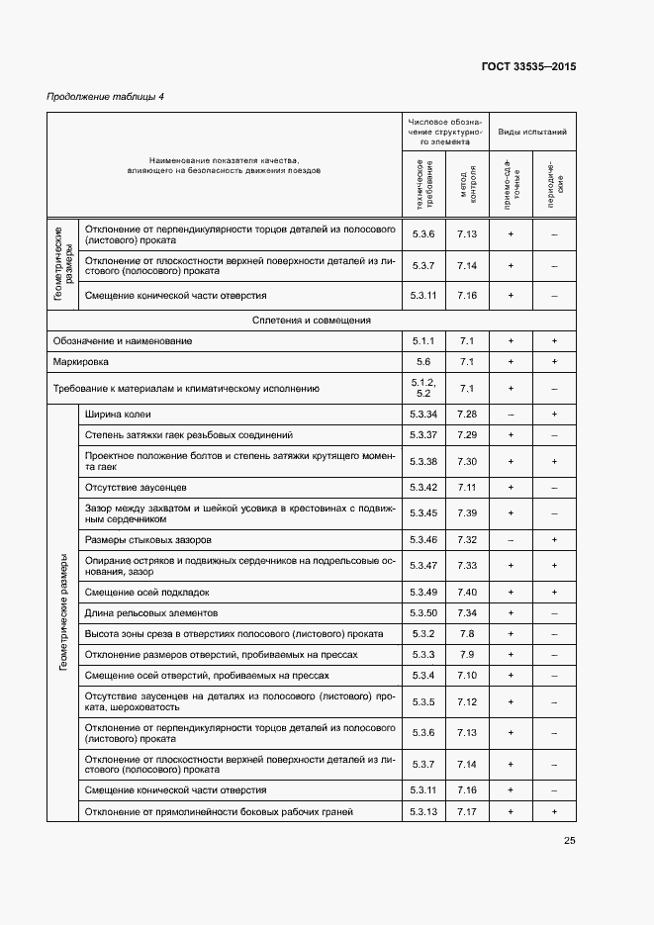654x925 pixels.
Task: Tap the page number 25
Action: (x=570, y=842)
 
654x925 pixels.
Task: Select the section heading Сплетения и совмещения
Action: (x=312, y=320)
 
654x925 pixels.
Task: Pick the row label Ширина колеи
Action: (x=118, y=414)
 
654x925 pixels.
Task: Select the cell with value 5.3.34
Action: (x=423, y=414)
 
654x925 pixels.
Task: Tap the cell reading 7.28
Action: (x=467, y=414)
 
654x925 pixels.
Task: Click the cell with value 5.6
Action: (x=423, y=362)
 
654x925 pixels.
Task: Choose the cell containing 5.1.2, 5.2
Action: (x=423, y=388)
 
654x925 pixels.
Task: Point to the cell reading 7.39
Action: (x=467, y=513)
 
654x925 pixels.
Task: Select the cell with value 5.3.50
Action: (x=423, y=613)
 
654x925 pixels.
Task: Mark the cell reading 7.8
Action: (x=467, y=634)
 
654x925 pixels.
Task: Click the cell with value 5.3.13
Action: (x=423, y=812)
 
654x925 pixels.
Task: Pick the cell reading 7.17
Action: (x=467, y=812)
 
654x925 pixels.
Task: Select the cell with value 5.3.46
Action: (x=423, y=540)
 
